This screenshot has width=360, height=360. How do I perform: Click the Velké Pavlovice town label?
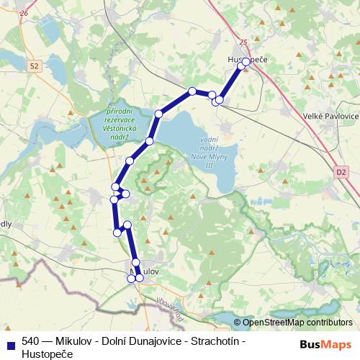(x=332, y=116)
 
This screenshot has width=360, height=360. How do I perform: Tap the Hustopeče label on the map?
(x=247, y=60)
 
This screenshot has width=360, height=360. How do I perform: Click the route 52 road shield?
(x=35, y=66)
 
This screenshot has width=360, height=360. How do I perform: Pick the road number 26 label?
(x=24, y=13)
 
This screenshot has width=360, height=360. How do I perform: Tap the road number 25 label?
(x=243, y=42)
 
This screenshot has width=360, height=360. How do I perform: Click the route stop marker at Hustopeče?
(x=246, y=62)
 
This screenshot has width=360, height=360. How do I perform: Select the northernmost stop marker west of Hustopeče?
(x=192, y=91)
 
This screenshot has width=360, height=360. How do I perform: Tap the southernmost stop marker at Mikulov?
(x=131, y=279)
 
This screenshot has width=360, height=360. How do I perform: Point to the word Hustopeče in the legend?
(x=48, y=354)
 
